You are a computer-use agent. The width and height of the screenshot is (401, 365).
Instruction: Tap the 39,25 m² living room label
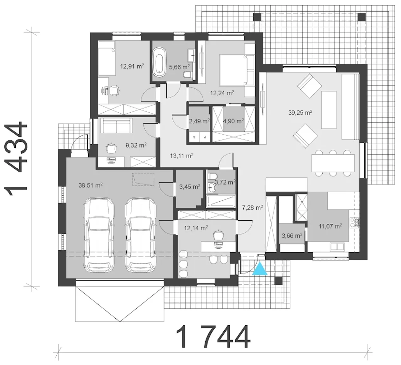pos(300,113)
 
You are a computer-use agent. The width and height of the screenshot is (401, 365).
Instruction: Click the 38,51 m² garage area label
pos(91,185)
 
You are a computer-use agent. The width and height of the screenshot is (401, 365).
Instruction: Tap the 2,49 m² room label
pos(199,121)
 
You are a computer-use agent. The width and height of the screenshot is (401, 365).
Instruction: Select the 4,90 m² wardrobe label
pos(233,121)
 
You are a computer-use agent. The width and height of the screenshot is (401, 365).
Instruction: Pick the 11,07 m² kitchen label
pos(330,226)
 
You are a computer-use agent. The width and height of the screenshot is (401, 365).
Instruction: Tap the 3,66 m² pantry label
pos(292,236)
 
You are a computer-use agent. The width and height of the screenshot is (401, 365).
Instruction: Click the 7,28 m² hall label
pos(253,208)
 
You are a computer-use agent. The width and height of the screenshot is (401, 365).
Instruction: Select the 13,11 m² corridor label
pos(182,156)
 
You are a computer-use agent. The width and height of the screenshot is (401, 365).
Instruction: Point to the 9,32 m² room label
pos(136,145)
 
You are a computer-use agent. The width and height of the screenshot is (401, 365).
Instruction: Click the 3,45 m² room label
pos(190,187)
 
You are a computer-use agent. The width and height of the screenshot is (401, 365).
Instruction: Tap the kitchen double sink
pos(337,246)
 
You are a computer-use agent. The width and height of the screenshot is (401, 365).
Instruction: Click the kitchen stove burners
pos(355,223)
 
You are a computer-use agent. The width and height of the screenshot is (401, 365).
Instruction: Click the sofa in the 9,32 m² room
pos(117,126)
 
